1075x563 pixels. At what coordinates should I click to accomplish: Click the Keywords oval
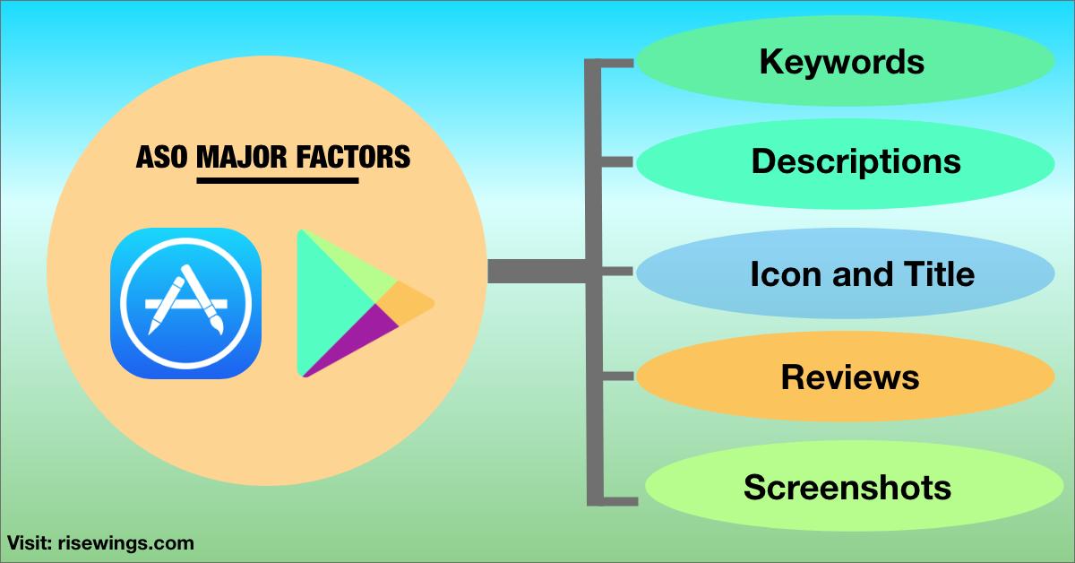842,62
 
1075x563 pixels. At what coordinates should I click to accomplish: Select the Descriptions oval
856,161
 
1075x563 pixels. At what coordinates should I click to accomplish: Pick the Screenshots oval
847,488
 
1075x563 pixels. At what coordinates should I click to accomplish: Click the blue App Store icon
185,303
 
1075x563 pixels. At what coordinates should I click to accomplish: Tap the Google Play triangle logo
358,303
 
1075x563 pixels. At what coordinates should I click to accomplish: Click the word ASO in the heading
162,158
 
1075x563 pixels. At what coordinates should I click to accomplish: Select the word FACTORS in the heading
353,158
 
